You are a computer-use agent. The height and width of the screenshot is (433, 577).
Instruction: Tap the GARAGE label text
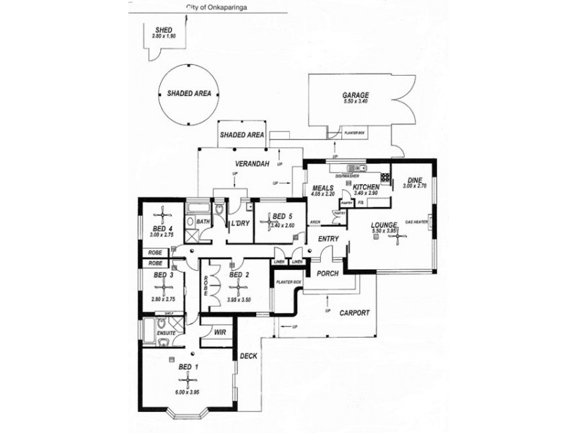click(356, 95)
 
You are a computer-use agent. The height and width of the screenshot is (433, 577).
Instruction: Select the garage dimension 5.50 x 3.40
click(356, 102)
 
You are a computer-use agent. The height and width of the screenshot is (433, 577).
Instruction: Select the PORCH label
click(328, 274)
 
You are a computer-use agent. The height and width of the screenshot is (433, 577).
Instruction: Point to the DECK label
click(248, 356)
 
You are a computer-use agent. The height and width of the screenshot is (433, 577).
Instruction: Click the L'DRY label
click(239, 223)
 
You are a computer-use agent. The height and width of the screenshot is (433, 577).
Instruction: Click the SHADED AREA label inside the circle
click(190, 93)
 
